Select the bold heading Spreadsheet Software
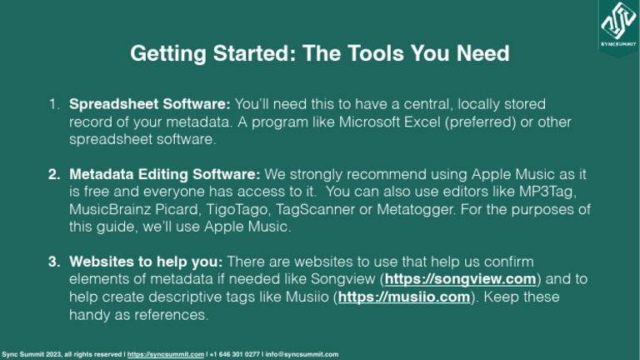[x=149, y=104]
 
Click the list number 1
[x=52, y=104]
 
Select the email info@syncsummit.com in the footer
[x=302, y=353]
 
